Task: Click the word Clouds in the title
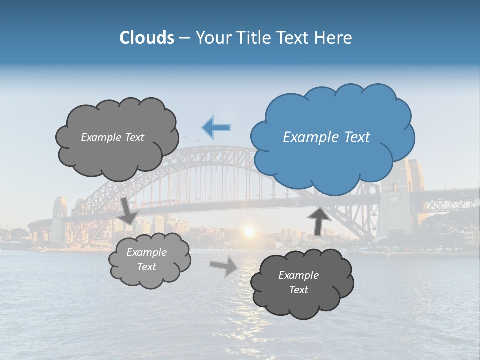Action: [x=146, y=38]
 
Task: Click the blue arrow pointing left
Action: [x=216, y=127]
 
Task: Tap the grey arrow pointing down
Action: [x=129, y=210]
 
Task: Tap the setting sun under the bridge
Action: [x=248, y=231]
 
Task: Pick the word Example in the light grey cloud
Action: [x=147, y=252]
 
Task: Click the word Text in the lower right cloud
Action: [x=298, y=290]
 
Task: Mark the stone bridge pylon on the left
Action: [x=59, y=220]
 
